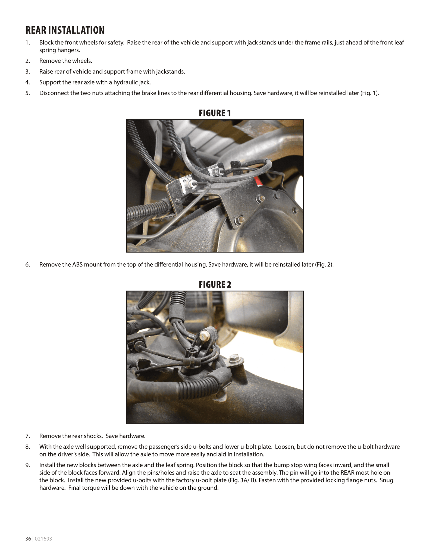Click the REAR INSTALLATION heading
(65, 30)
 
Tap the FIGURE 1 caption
(215, 113)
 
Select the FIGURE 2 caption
(215, 285)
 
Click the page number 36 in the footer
(28, 539)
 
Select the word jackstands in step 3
(170, 72)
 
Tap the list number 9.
(27, 465)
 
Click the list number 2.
(27, 61)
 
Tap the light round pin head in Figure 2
(203, 336)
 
